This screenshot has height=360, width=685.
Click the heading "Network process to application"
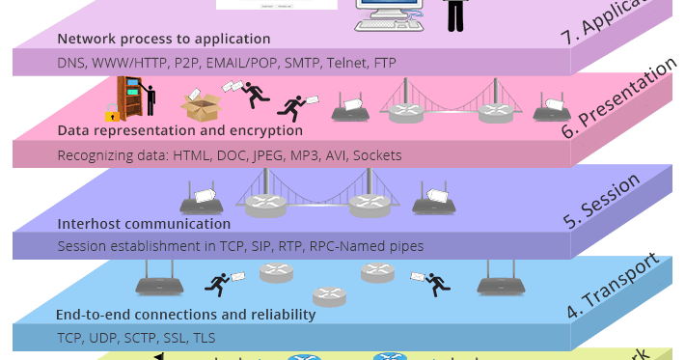point(164,40)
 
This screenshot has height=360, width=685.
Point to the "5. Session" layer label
point(602,201)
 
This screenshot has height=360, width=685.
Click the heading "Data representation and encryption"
point(180,130)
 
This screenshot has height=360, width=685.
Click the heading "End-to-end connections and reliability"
point(186,315)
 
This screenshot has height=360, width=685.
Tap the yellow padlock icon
point(125,115)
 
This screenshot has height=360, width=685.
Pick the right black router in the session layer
point(433,202)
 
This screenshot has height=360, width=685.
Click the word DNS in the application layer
point(71,63)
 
